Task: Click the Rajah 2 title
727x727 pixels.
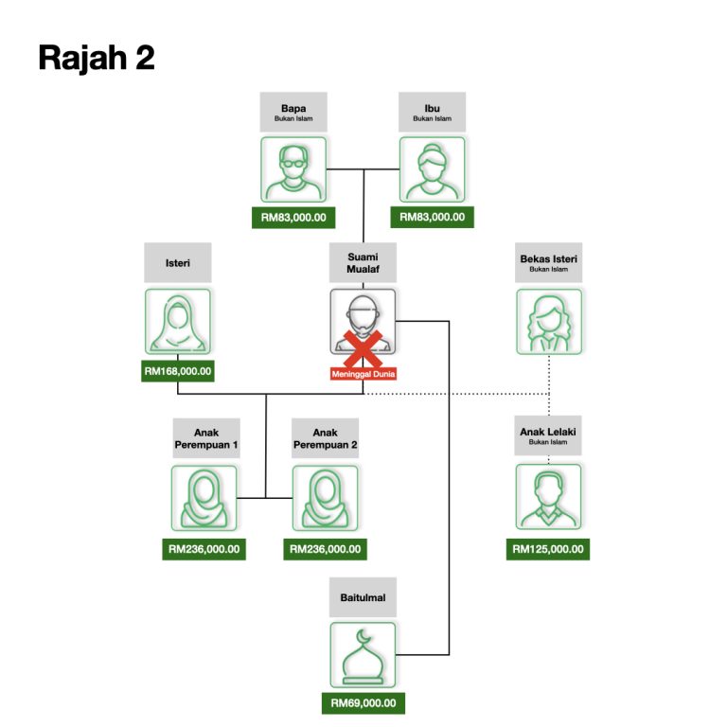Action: [97, 58]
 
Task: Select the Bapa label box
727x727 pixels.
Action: [293, 112]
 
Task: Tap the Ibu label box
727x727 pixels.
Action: [432, 112]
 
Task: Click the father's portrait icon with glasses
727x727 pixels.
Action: [293, 169]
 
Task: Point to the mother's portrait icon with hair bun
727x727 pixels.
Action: [432, 169]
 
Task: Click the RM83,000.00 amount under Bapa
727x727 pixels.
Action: [293, 218]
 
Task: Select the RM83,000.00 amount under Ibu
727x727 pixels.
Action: [432, 217]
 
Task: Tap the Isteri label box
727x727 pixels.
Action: [178, 262]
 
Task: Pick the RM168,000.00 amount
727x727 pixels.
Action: [178, 371]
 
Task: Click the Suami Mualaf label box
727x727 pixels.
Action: [363, 262]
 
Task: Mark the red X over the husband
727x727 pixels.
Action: [363, 348]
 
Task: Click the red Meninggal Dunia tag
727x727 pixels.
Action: [363, 374]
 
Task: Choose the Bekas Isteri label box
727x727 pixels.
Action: [548, 262]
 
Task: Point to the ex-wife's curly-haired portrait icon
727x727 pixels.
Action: [549, 322]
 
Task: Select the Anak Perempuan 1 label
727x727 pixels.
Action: [206, 438]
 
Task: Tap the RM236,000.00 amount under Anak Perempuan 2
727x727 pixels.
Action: [325, 549]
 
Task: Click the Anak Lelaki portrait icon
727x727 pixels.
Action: [548, 497]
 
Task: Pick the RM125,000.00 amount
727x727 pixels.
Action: [548, 549]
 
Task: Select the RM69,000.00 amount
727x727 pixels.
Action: [363, 703]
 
